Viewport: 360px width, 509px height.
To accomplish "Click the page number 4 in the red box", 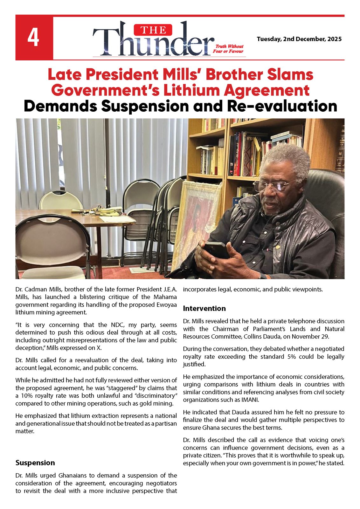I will tap(33, 38).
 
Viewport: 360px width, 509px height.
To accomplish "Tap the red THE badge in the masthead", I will tap(153, 30).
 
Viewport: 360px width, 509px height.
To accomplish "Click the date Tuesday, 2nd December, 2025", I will tap(299, 39).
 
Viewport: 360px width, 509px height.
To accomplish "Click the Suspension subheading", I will tap(35, 463).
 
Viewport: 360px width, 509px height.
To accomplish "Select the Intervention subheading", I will tap(204, 308).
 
